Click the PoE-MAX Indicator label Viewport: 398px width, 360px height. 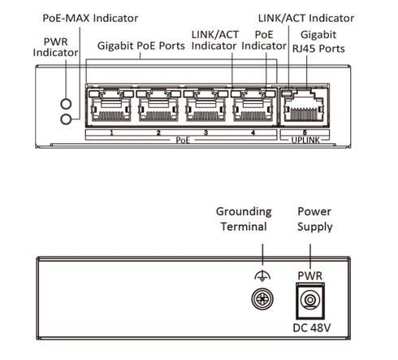(x=90, y=18)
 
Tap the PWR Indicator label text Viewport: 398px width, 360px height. (x=56, y=47)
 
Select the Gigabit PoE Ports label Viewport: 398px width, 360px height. (x=141, y=46)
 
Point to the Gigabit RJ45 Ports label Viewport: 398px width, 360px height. (x=318, y=41)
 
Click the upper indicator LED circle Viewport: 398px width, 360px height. (x=66, y=104)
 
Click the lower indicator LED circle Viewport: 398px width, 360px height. (x=66, y=119)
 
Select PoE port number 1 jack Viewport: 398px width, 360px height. (x=111, y=106)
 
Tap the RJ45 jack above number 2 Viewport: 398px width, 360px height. (x=158, y=106)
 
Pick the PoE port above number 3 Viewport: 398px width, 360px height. (x=205, y=106)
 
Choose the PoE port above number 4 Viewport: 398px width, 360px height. (x=253, y=106)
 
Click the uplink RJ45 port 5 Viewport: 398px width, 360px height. (x=304, y=106)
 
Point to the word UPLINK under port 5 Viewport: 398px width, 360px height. (x=305, y=140)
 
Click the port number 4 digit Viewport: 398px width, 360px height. (x=253, y=132)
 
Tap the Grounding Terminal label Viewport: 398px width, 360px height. (x=244, y=219)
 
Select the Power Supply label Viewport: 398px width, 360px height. (x=314, y=219)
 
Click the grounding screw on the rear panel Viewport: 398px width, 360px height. (x=262, y=299)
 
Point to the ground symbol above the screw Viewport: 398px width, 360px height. (x=262, y=276)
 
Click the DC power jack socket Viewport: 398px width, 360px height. (x=310, y=301)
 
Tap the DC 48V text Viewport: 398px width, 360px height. (x=312, y=328)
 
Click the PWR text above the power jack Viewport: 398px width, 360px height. (x=310, y=275)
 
